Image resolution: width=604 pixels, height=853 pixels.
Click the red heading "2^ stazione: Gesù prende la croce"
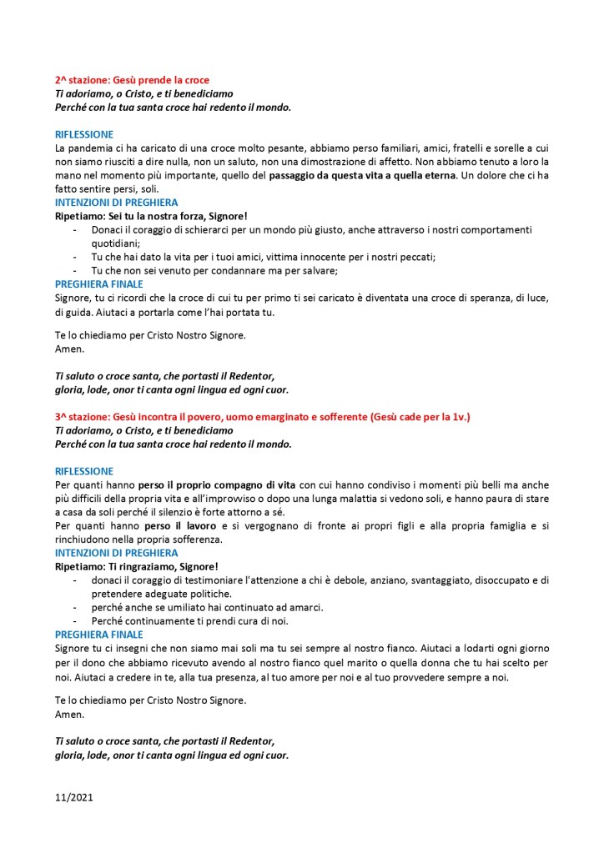[x=132, y=80]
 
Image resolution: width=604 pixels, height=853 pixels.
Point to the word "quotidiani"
[x=116, y=243]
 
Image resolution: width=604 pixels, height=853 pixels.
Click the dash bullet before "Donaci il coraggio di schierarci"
[x=77, y=230]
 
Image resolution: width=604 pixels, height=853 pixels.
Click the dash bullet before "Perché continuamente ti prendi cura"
[x=77, y=620]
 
